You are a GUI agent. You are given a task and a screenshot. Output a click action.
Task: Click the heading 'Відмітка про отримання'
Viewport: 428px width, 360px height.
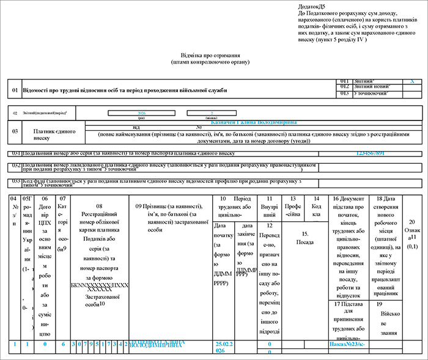tap(210, 54)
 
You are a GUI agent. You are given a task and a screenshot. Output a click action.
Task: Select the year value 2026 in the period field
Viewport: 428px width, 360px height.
tap(141, 113)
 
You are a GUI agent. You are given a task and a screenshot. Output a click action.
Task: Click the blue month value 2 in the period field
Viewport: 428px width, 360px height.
tap(211, 113)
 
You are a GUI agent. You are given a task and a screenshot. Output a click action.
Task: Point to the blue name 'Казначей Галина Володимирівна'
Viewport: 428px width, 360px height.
tap(253, 122)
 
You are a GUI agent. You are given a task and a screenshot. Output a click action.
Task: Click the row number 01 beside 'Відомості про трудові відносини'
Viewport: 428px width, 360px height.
tap(15, 90)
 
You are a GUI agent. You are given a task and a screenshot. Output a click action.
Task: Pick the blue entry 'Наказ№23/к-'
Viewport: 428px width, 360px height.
tap(345, 345)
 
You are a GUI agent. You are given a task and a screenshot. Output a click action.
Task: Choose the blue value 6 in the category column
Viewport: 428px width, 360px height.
tap(63, 345)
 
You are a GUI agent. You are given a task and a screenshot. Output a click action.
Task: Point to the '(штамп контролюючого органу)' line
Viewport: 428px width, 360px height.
tap(210, 62)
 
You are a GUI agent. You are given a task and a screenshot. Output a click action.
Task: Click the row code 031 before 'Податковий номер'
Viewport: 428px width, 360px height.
tap(15, 153)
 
